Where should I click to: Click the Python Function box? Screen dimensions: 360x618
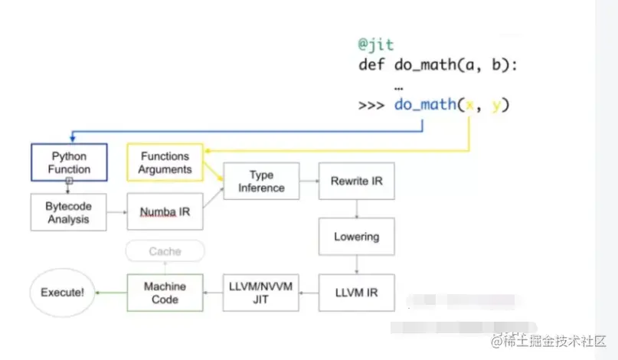69,162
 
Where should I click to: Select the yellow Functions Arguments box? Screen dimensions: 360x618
165,162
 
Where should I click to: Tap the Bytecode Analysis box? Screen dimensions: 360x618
69,212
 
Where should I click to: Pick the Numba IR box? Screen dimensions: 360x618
165,211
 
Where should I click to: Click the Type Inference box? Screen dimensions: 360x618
261,182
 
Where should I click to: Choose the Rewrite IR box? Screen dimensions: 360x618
356,182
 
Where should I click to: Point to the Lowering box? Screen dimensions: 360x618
356,237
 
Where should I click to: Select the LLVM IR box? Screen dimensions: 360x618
356,292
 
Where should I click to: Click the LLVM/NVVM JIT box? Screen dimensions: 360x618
260,292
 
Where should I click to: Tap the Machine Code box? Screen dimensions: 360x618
165,292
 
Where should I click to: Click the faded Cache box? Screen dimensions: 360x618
165,251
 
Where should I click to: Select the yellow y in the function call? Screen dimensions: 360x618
496,105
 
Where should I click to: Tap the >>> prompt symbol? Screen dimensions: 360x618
372,104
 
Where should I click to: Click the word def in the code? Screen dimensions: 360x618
371,64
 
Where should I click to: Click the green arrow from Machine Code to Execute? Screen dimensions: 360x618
115,292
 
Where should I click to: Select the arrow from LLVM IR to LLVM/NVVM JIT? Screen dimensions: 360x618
308,292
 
